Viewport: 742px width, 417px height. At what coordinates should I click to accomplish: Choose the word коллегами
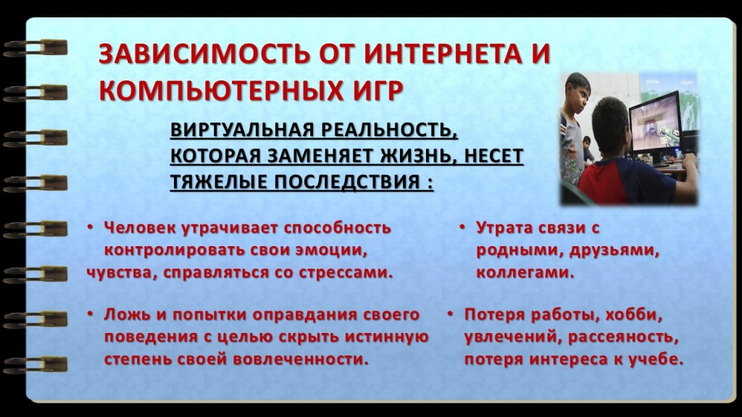coord(525,273)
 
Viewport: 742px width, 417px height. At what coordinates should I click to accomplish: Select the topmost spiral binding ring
coord(35,48)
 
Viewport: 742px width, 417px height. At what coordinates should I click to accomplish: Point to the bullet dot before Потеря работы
coord(450,314)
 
